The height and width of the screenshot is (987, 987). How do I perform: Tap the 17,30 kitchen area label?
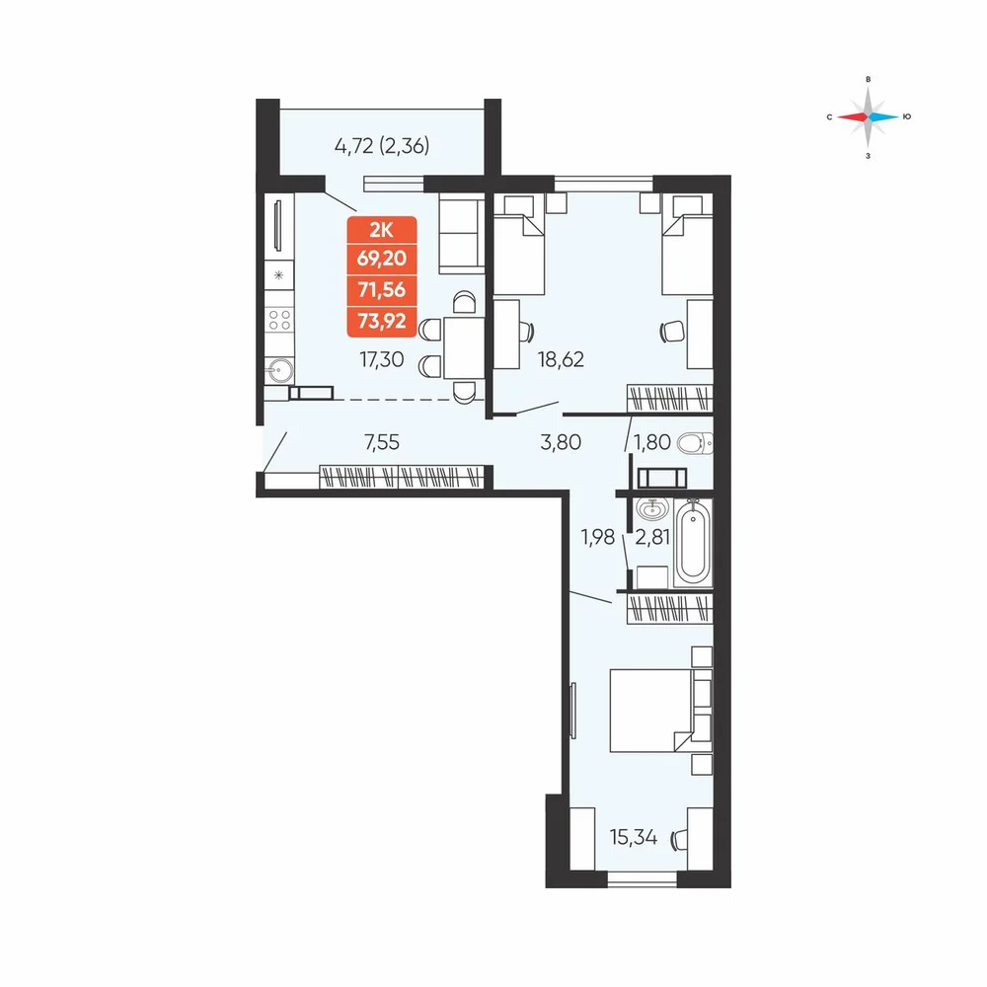[381, 359]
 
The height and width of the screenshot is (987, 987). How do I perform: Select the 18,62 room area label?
[561, 359]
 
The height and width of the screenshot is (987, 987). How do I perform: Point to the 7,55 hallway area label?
[382, 442]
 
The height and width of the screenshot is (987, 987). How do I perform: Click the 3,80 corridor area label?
[561, 442]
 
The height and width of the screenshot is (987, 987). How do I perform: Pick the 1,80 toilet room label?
[652, 442]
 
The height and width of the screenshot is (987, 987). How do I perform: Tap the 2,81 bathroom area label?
[652, 538]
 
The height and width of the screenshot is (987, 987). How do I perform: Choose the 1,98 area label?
[597, 538]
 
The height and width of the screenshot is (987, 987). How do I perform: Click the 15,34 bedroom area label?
[634, 838]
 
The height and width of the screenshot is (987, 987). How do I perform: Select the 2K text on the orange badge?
[381, 230]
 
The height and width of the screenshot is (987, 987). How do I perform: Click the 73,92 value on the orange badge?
[381, 322]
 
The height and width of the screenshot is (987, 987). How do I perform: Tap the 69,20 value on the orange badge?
[381, 258]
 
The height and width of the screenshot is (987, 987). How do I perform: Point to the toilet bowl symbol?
[695, 443]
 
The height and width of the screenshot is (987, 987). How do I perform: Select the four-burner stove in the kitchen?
[279, 319]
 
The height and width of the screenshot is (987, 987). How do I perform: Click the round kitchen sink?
[279, 371]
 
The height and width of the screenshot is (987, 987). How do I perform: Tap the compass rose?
[868, 117]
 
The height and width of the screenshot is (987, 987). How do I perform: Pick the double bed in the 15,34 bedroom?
[661, 710]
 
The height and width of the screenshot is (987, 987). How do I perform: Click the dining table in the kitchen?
[464, 347]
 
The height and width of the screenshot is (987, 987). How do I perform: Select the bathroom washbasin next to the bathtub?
[651, 508]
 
